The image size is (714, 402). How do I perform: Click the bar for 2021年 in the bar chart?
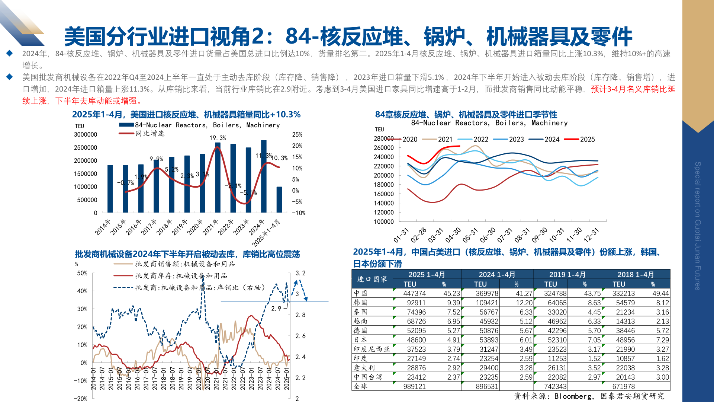pyautogui.click(x=218, y=178)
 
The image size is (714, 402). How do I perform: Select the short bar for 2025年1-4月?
pyautogui.click(x=279, y=200)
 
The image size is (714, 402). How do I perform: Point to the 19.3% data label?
pyautogui.click(x=218, y=138)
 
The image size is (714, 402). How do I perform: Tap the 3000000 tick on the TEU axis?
pyautogui.click(x=86, y=134)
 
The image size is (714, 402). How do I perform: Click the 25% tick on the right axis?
pyautogui.click(x=297, y=134)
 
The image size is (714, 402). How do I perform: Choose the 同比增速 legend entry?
pyautogui.click(x=150, y=133)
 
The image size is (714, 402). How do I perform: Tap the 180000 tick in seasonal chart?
pyautogui.click(x=383, y=185)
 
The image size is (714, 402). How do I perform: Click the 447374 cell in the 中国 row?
pyautogui.click(x=414, y=293)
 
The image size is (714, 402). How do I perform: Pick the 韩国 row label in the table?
pyautogui.click(x=360, y=303)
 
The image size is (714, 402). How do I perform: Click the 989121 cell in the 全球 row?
pyautogui.click(x=414, y=386)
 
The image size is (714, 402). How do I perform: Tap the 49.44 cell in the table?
pyautogui.click(x=660, y=293)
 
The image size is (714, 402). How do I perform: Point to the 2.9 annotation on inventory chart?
pyautogui.click(x=276, y=308)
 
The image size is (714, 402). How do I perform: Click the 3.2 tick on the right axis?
pyautogui.click(x=300, y=273)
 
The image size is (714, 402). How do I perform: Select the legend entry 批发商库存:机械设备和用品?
pyautogui.click(x=181, y=276)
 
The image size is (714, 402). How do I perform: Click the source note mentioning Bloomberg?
pyautogui.click(x=589, y=396)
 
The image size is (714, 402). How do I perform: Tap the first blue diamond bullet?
pyautogui.click(x=10, y=53)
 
